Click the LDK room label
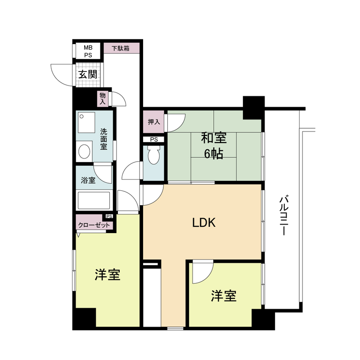(204, 222)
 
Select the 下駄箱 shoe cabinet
(121, 48)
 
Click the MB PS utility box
(88, 51)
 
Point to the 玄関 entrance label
(88, 74)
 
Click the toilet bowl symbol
(153, 155)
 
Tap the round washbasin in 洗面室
(84, 152)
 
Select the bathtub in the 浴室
(94, 200)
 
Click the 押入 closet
(153, 121)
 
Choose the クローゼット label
(94, 225)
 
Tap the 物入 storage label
(103, 99)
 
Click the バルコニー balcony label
(284, 216)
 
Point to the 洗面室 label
(103, 139)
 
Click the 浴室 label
(88, 180)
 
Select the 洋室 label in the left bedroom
(108, 274)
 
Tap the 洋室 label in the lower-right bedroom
(224, 296)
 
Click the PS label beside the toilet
(154, 139)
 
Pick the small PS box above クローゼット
(109, 216)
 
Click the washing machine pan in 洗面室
(86, 122)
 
